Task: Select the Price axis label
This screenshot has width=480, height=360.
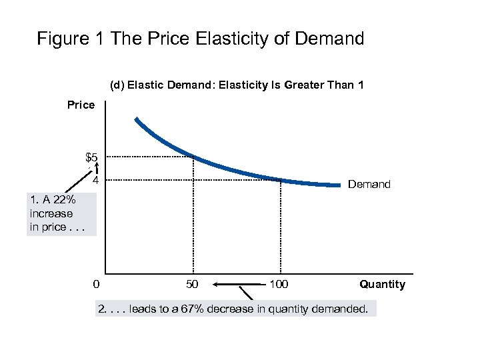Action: tap(81, 105)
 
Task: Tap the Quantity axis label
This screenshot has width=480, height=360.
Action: tap(382, 285)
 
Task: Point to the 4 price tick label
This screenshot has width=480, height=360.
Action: tap(96, 181)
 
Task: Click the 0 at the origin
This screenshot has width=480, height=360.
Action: tap(97, 285)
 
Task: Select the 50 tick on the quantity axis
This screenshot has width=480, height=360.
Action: tap(193, 285)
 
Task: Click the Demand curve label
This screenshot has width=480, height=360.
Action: tap(369, 185)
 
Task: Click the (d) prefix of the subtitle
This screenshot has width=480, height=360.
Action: tap(117, 85)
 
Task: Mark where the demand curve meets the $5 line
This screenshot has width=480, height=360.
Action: tap(193, 157)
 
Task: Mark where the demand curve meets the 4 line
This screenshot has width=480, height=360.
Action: tap(280, 179)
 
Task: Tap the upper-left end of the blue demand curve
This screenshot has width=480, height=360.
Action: tap(136, 120)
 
